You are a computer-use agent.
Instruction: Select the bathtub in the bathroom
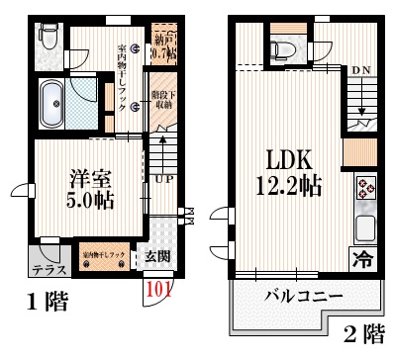[51, 100]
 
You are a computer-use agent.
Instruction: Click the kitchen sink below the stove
[365, 229]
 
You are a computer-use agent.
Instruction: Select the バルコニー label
[303, 296]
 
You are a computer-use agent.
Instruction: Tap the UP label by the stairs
[163, 179]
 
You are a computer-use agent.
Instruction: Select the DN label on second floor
[361, 71]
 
